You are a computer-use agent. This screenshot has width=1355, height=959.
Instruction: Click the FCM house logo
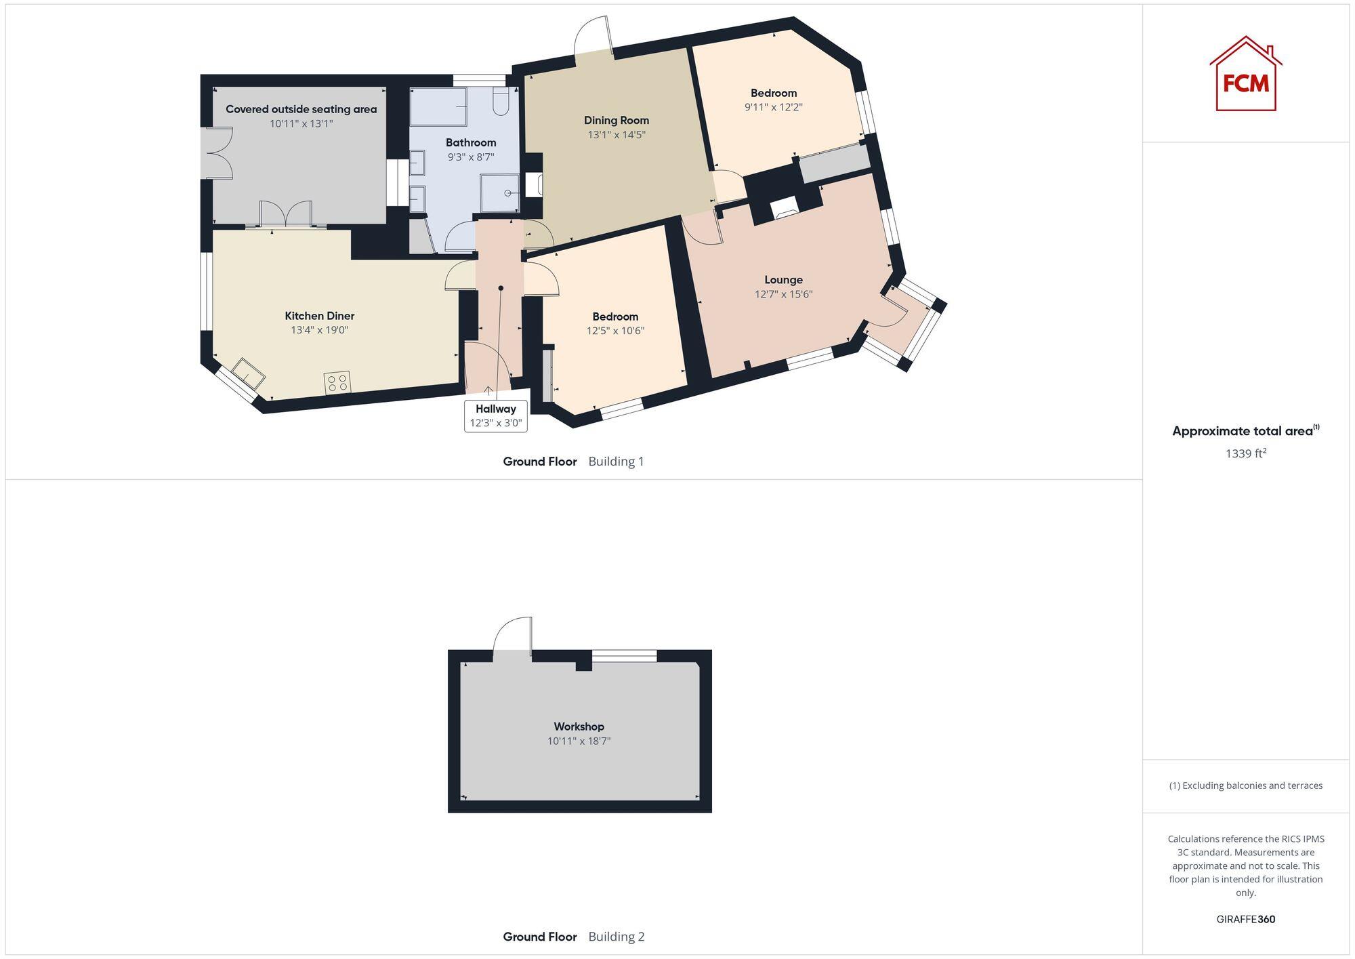coord(1245,75)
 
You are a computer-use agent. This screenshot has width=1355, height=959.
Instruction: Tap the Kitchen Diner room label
coord(319,316)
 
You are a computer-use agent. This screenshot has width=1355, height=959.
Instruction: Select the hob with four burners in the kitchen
coord(337,382)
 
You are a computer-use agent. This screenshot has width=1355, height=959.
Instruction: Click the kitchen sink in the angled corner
coord(248,373)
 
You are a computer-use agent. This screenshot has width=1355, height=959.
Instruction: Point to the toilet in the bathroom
coord(501,101)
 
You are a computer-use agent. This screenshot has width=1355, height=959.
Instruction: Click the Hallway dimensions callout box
coord(496,415)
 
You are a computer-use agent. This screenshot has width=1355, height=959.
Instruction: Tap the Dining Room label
coord(617,121)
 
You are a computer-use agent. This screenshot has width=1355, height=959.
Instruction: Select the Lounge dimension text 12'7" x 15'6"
coord(783,294)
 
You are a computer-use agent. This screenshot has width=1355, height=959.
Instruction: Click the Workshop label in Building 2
coord(579,727)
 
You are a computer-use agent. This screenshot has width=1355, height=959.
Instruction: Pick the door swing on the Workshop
coord(513,635)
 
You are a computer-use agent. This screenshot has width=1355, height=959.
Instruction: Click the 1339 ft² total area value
coord(1245,453)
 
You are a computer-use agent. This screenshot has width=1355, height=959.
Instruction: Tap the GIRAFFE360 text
coord(1245,920)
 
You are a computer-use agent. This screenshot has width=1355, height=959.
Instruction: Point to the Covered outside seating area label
coord(301,109)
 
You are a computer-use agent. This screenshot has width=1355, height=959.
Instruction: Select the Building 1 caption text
coord(616,462)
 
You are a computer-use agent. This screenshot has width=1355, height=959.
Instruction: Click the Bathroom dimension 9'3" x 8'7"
coord(471,157)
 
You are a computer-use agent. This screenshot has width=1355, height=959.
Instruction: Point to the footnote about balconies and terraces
coord(1245,785)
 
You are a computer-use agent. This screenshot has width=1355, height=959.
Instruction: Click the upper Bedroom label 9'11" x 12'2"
coord(774,94)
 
